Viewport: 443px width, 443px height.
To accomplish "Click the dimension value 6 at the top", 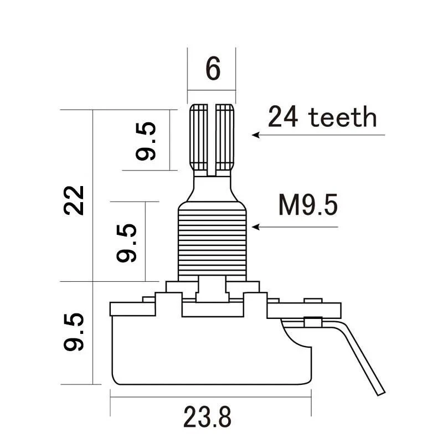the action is tap(213, 68).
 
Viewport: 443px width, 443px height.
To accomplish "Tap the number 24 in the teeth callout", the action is tap(283, 116).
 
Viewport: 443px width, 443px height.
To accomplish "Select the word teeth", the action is tap(343, 117).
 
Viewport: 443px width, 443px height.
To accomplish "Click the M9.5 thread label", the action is tap(308, 205).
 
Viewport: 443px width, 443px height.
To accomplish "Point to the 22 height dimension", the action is tap(74, 200).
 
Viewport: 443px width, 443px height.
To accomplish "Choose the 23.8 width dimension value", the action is tap(207, 417).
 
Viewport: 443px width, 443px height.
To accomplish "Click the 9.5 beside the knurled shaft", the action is tap(146, 141).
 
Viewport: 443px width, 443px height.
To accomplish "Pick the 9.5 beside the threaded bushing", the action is tap(127, 243).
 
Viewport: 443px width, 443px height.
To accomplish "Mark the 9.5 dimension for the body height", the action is tap(74, 332).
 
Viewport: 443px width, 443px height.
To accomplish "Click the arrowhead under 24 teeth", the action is tap(255, 135).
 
